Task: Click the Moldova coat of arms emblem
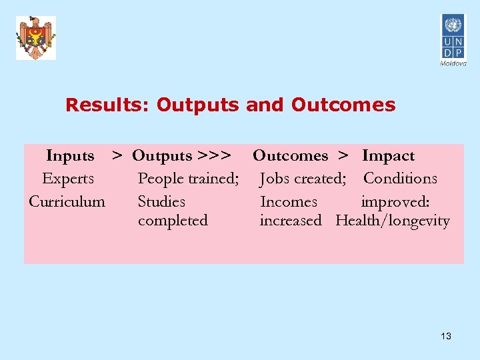(x=36, y=38)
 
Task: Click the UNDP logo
(x=453, y=37)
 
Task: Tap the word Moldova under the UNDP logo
(x=453, y=63)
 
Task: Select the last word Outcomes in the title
(x=343, y=105)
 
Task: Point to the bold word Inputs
(x=70, y=156)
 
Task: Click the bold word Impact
(x=388, y=156)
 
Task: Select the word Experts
(x=67, y=179)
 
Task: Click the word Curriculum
(x=67, y=201)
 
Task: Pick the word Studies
(x=161, y=201)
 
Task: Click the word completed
(x=173, y=221)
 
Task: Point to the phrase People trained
(x=188, y=179)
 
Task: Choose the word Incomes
(x=289, y=201)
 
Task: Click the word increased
(x=291, y=221)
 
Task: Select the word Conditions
(x=400, y=179)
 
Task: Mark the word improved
(x=395, y=201)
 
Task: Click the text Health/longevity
(x=393, y=221)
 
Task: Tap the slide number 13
(x=446, y=336)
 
